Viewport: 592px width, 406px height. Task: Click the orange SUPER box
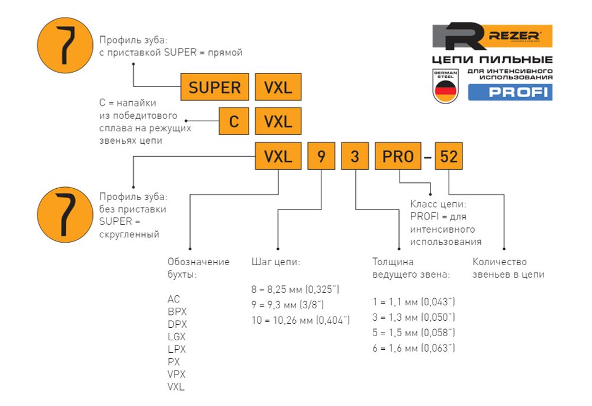point(214,88)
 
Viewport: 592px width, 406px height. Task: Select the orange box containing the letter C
point(234,121)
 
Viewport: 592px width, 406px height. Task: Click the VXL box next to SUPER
point(278,88)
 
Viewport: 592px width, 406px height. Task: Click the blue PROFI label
point(510,92)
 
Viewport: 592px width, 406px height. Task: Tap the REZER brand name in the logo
point(513,36)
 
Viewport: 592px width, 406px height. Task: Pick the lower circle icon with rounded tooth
point(62,212)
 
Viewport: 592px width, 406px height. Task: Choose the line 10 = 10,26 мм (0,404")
point(301,320)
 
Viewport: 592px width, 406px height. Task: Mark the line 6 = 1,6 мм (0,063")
point(413,348)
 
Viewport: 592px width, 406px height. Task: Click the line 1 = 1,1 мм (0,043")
point(413,302)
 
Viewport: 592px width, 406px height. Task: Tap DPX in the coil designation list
point(177,324)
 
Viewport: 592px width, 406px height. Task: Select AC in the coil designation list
point(173,299)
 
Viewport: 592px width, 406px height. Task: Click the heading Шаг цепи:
point(276,262)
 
